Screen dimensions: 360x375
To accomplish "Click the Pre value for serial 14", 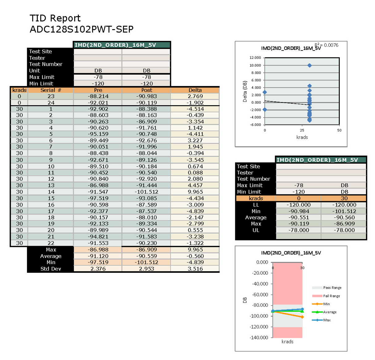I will (98, 192).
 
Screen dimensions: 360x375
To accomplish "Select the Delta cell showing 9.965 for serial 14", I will (195, 192).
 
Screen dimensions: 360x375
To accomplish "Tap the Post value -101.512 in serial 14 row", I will (147, 192).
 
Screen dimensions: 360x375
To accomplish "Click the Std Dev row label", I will (51, 269).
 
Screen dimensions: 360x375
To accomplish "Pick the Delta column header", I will (195, 90).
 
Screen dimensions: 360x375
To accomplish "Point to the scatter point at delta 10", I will (309, 65).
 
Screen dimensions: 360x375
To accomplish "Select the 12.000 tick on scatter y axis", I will (255, 58).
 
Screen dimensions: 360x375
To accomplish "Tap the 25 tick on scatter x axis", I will (302, 130).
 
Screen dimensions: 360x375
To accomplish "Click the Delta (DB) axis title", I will (245, 92).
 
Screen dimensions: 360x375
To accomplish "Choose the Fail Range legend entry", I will (331, 296).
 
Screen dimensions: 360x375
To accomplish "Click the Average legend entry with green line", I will (330, 312).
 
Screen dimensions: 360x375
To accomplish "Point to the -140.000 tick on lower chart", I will (259, 337).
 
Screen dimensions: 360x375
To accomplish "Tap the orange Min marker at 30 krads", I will (302, 317).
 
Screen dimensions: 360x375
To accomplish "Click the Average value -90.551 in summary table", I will (299, 218).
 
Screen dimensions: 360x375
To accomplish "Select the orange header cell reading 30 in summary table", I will (344, 198).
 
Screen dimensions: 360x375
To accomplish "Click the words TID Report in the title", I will (55, 18).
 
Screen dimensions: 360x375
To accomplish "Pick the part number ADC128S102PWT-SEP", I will (82, 29).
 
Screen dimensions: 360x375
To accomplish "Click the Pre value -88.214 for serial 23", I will (98, 96).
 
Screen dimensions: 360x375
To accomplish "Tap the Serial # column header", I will (51, 90).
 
